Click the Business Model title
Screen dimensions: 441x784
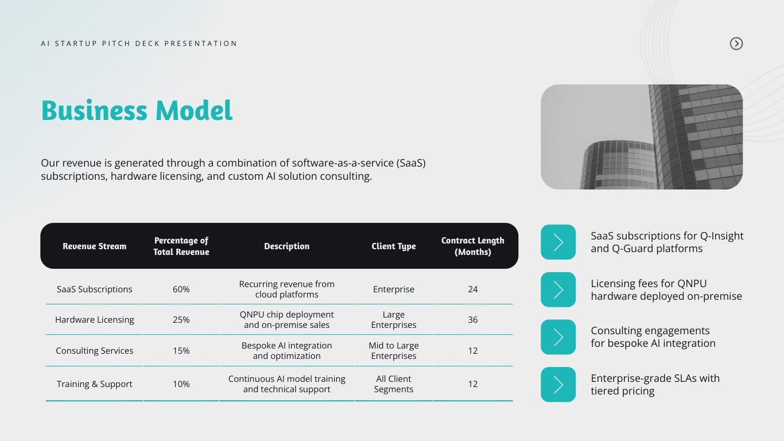point(137,111)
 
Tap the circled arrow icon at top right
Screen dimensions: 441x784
point(736,44)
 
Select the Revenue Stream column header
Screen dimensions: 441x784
point(94,246)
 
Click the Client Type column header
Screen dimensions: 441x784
point(393,246)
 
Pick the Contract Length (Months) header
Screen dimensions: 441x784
point(472,246)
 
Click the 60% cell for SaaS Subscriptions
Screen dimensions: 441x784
point(181,289)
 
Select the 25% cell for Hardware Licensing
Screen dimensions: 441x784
point(181,320)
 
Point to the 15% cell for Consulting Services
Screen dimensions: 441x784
point(181,351)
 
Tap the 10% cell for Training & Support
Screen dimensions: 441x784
point(181,384)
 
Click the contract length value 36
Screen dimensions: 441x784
point(472,320)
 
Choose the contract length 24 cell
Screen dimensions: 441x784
point(472,289)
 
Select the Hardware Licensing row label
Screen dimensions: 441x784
point(94,320)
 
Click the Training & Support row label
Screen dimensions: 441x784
point(94,384)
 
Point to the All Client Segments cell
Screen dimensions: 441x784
point(393,384)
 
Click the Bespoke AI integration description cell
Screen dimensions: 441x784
point(286,351)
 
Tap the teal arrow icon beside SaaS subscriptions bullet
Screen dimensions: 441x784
point(558,242)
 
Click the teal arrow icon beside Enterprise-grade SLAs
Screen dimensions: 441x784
point(558,385)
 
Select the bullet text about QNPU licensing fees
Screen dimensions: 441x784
point(666,290)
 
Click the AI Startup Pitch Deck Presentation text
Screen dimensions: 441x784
point(139,44)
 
